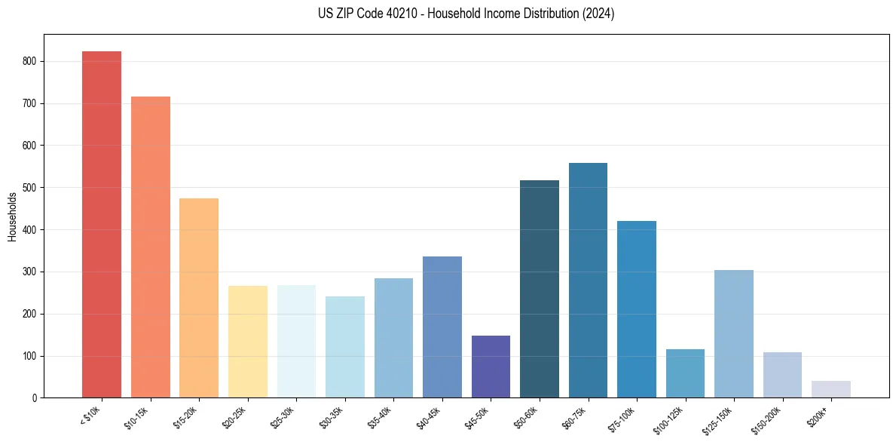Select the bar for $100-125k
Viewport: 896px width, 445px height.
685,373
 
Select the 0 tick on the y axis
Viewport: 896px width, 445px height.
35,398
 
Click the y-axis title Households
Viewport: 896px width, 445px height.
12,216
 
